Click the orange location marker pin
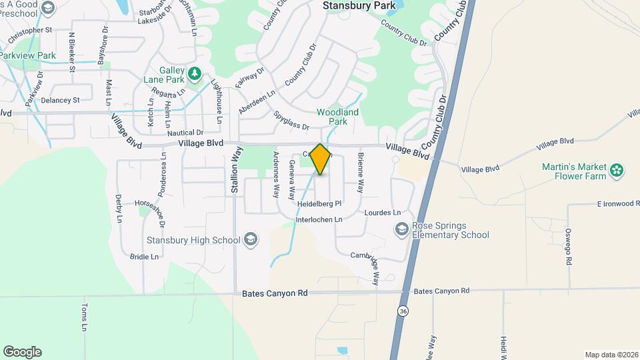[321, 159]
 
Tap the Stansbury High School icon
[251, 239]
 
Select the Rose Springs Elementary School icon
[402, 230]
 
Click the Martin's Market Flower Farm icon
[617, 171]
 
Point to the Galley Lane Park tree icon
[195, 73]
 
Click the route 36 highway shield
[403, 311]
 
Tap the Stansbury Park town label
[359, 6]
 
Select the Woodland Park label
[337, 117]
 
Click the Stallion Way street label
[235, 173]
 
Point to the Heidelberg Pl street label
[319, 203]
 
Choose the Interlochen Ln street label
[319, 219]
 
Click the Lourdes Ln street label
[383, 213]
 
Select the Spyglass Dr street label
[291, 120]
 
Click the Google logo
[22, 352]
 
